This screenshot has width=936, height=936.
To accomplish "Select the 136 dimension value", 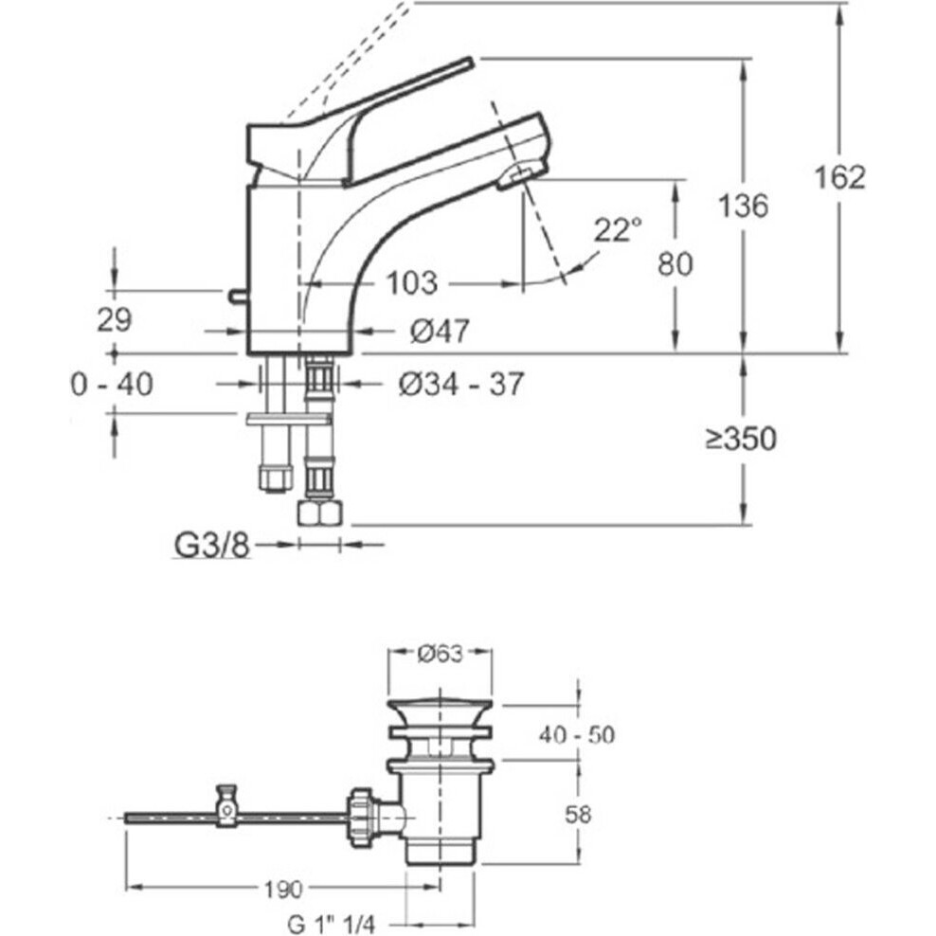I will click(743, 206).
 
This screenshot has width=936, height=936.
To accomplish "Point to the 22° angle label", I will click(618, 230).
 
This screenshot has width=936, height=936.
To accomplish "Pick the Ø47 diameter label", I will click(439, 331).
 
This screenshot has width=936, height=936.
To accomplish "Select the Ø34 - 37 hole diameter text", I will click(460, 384).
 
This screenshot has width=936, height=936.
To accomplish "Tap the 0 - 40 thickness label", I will click(112, 385).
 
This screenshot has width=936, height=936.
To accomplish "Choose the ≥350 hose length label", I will click(741, 439).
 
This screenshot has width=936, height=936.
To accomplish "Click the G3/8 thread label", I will click(211, 546).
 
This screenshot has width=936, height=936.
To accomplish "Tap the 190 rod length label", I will click(284, 889).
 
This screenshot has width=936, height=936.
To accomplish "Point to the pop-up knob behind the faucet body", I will click(236, 297).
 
